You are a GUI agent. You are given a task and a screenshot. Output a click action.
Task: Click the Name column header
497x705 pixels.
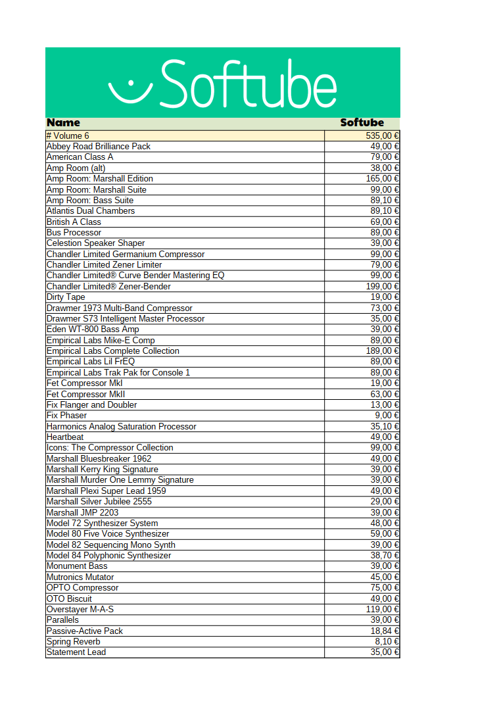click(63, 123)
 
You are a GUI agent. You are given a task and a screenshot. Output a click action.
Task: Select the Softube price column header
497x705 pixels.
click(362, 123)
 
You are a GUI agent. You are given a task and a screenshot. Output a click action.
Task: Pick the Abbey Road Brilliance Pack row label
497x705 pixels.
click(99, 146)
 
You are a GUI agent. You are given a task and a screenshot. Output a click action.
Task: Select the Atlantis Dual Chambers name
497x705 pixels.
click(91, 210)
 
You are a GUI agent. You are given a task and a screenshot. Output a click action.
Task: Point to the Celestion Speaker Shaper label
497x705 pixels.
click(96, 243)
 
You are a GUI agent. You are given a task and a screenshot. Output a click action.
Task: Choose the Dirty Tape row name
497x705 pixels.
click(66, 297)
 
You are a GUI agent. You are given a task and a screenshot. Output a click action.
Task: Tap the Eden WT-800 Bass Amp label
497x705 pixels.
click(93, 329)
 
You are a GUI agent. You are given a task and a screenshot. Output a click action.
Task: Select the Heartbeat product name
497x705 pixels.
click(65, 437)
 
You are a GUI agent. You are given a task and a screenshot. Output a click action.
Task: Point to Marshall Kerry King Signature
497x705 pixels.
click(103, 469)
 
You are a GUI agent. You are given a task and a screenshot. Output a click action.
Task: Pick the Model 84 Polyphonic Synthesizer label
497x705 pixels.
click(108, 555)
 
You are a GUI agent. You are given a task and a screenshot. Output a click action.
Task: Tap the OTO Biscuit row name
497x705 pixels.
click(69, 598)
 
